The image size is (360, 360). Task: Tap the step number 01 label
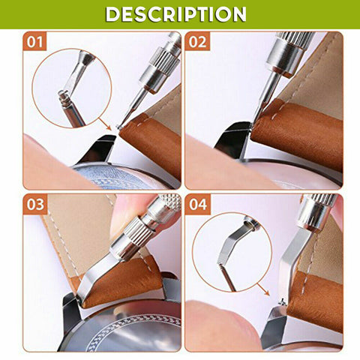(35, 42)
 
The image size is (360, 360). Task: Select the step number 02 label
(198, 42)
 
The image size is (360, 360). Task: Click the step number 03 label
(35, 205)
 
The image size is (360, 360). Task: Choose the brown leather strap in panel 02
(300, 135)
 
